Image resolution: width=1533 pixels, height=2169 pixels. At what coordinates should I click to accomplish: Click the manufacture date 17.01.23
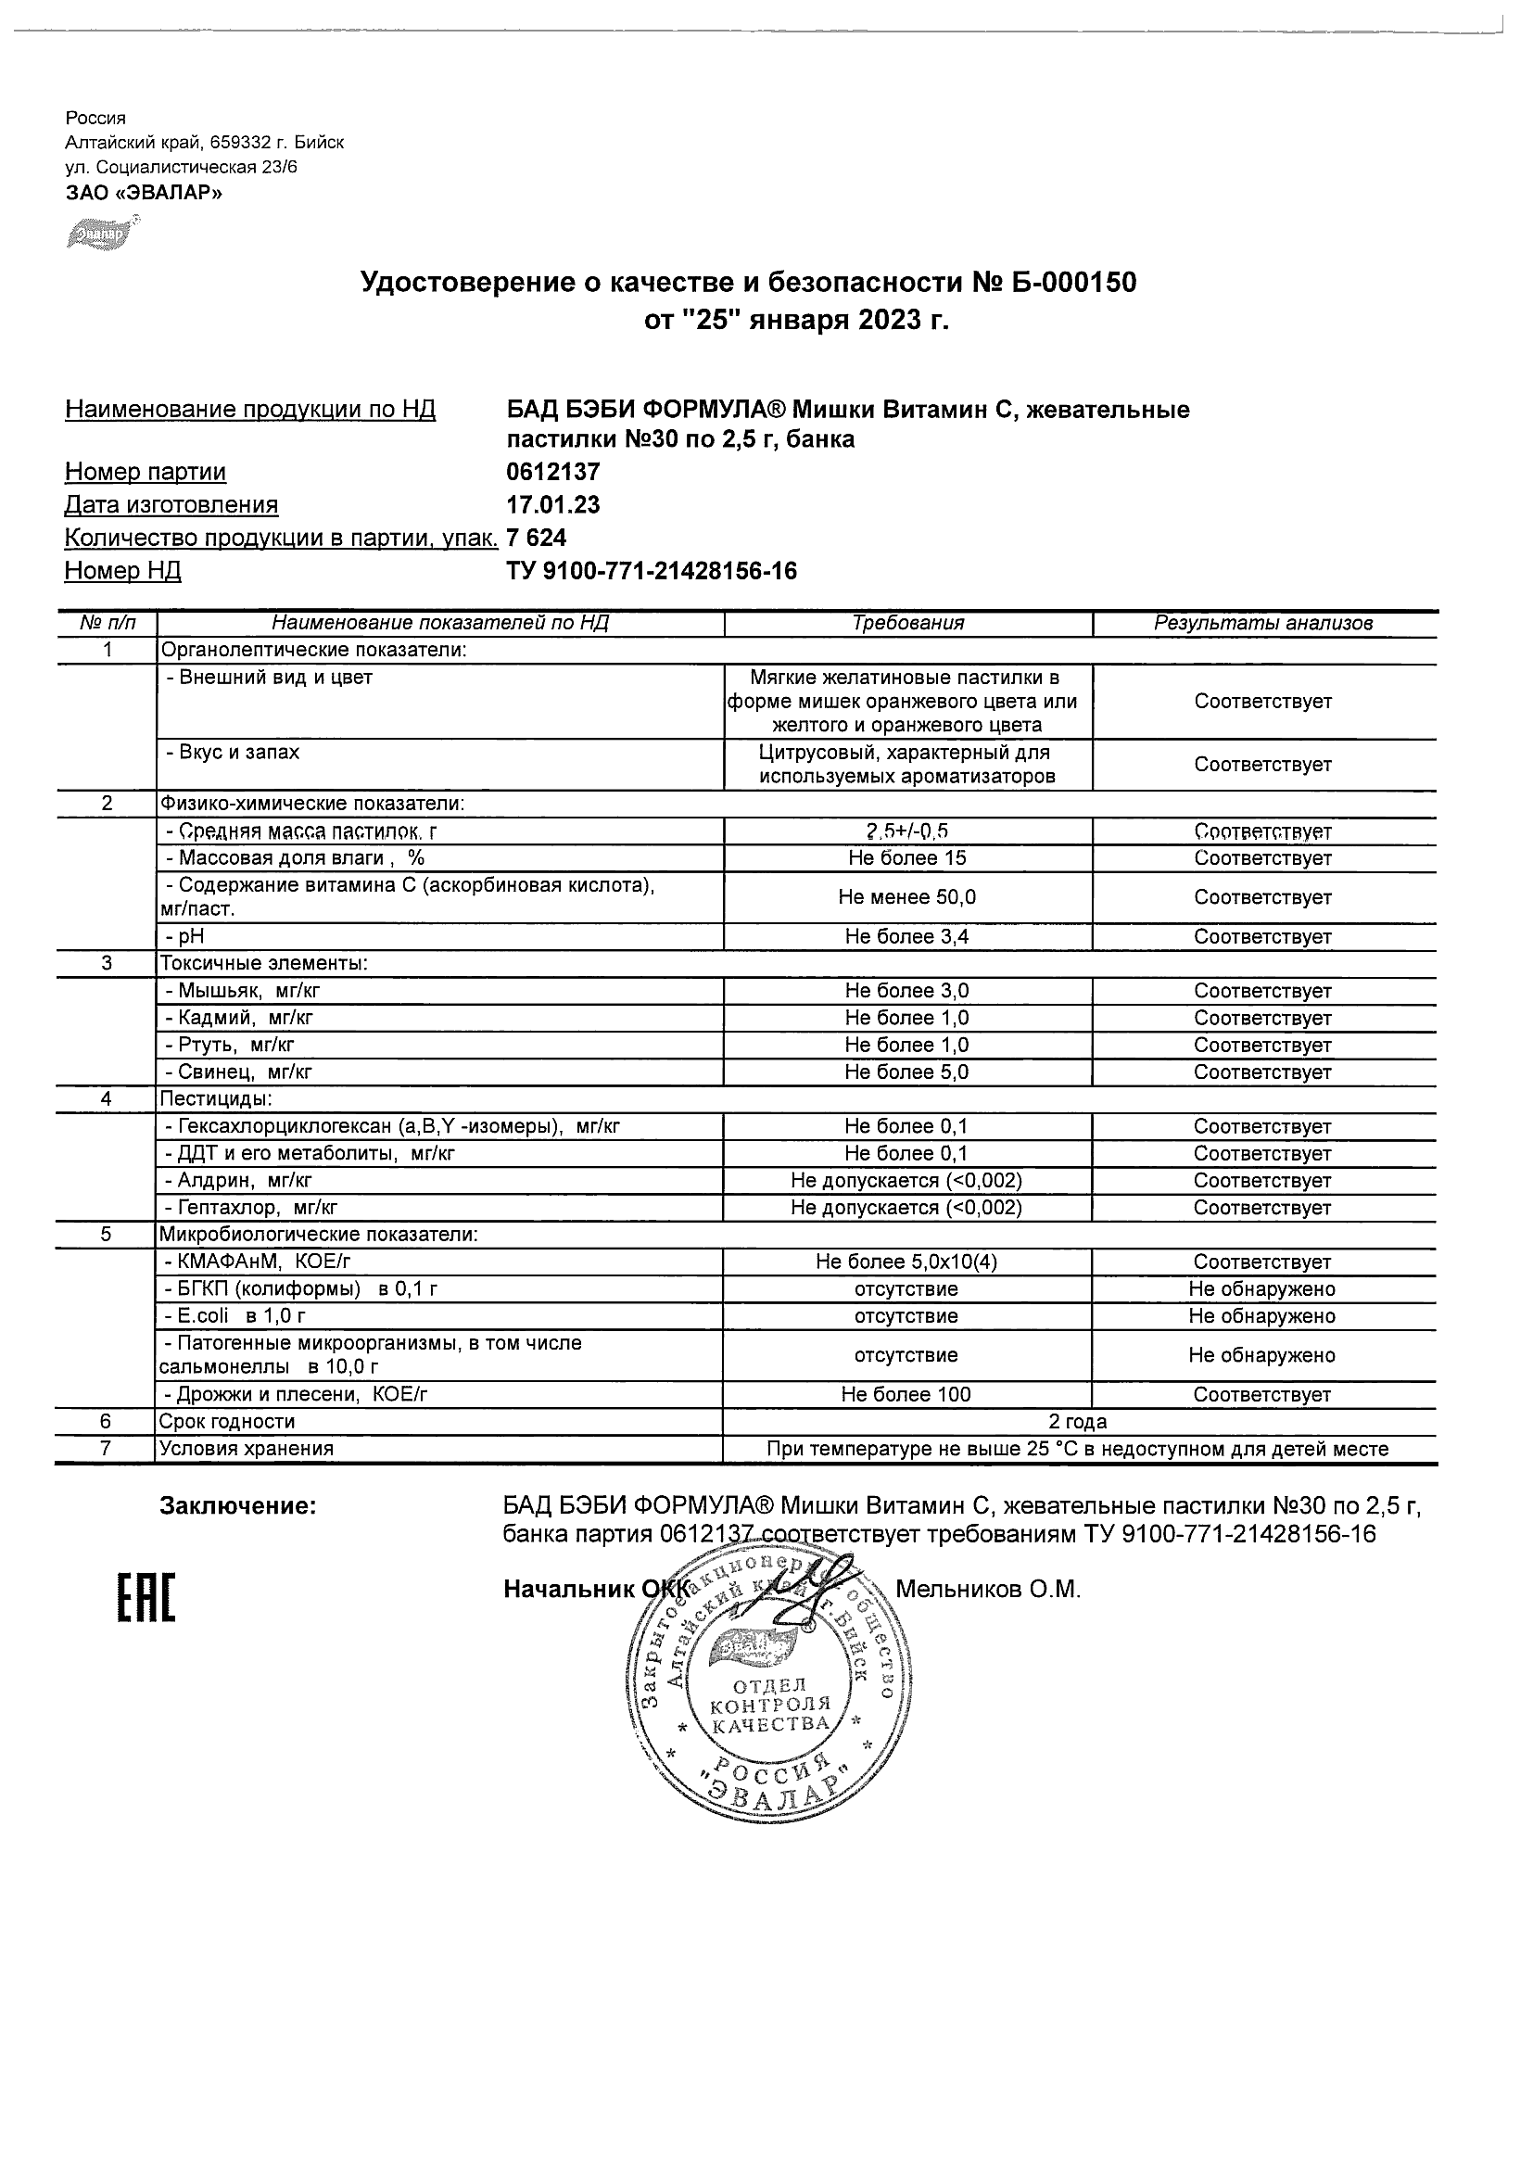click(553, 504)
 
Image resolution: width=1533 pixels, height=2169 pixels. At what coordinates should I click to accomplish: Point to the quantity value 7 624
click(537, 538)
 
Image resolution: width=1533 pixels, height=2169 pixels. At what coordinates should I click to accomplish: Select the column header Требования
click(907, 624)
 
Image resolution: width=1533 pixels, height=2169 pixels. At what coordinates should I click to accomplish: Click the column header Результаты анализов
click(1263, 624)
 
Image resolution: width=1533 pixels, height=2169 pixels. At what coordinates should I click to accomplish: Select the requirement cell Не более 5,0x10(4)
click(906, 1262)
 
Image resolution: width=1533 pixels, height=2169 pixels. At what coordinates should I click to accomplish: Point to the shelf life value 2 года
click(1078, 1422)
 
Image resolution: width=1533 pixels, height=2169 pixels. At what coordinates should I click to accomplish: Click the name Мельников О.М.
click(987, 1589)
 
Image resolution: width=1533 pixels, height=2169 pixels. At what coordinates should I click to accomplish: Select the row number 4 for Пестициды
click(107, 1098)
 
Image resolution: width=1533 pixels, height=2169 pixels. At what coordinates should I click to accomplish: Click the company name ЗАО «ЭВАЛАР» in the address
click(144, 193)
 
